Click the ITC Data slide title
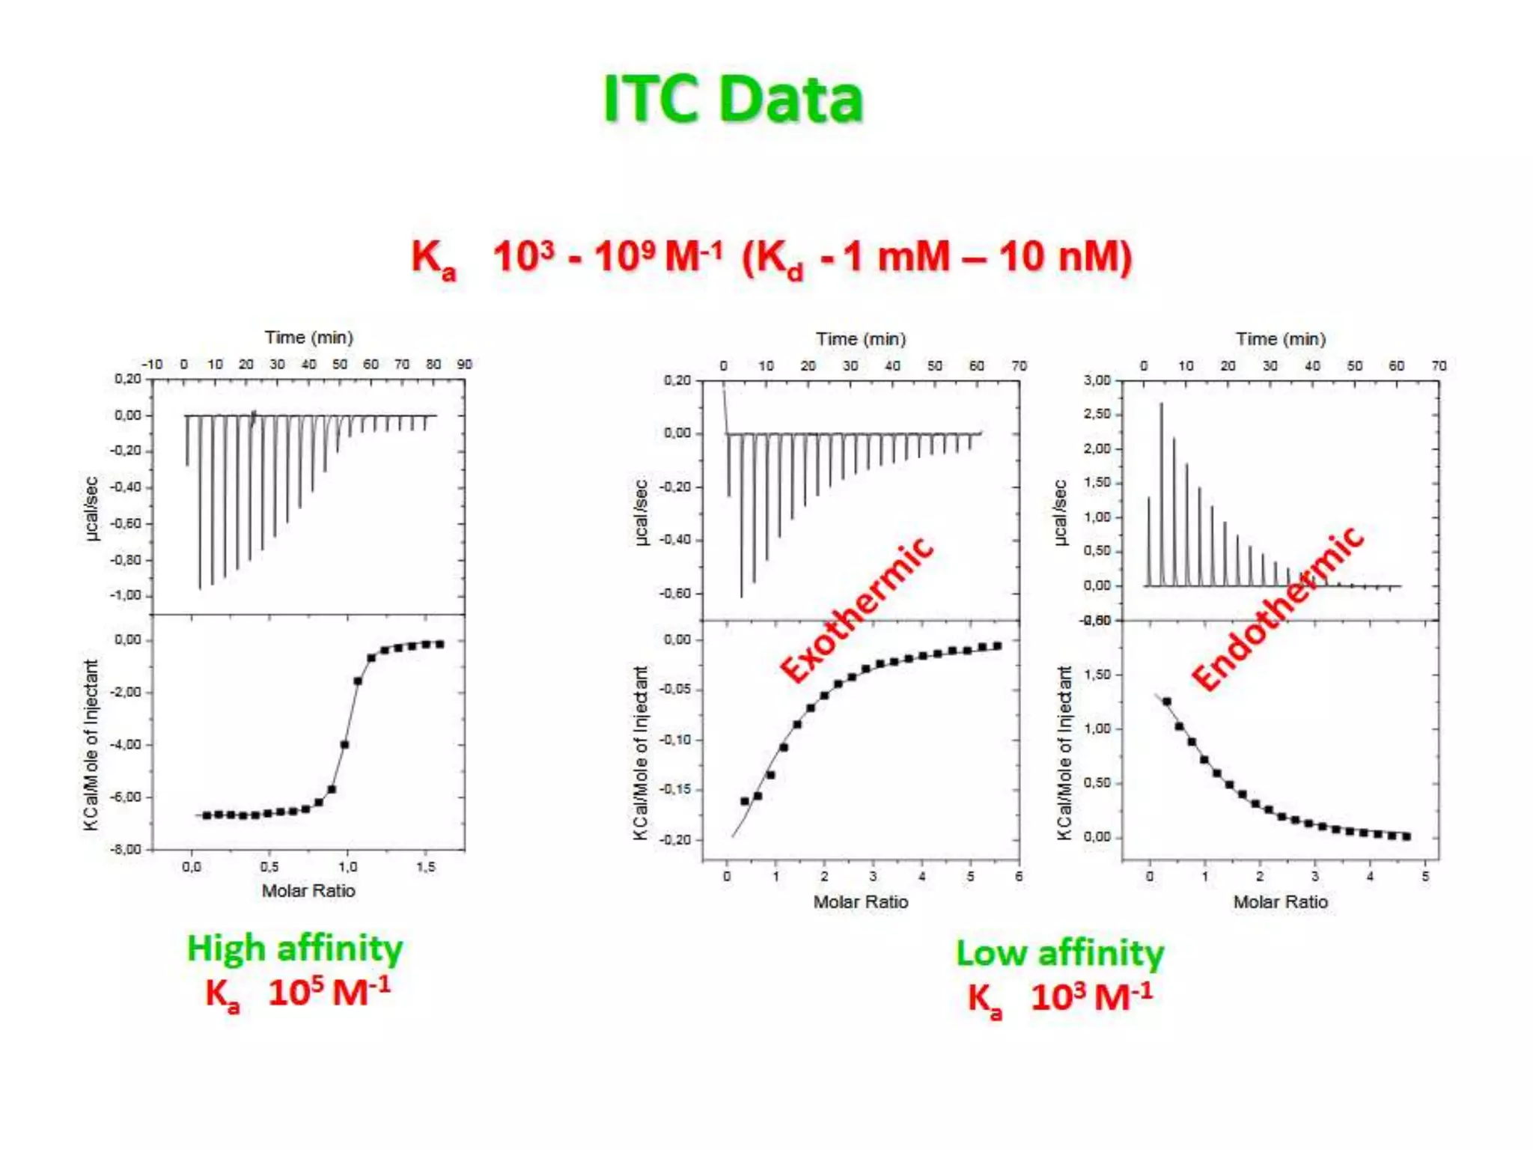click(733, 99)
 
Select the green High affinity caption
click(294, 948)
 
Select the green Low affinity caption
click(1060, 953)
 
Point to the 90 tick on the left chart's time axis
click(464, 364)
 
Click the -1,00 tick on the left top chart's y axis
click(125, 595)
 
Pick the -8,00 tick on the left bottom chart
click(125, 849)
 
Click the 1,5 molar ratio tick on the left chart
click(425, 866)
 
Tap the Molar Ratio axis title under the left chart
click(308, 890)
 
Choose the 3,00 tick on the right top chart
click(1097, 380)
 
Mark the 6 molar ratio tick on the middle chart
click(1019, 876)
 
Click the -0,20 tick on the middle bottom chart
click(675, 839)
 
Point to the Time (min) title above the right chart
click(1280, 339)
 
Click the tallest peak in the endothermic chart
click(1161, 405)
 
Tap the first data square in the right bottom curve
click(1166, 702)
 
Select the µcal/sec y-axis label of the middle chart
click(641, 513)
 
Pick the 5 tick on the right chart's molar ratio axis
click(1425, 876)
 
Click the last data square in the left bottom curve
click(440, 644)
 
